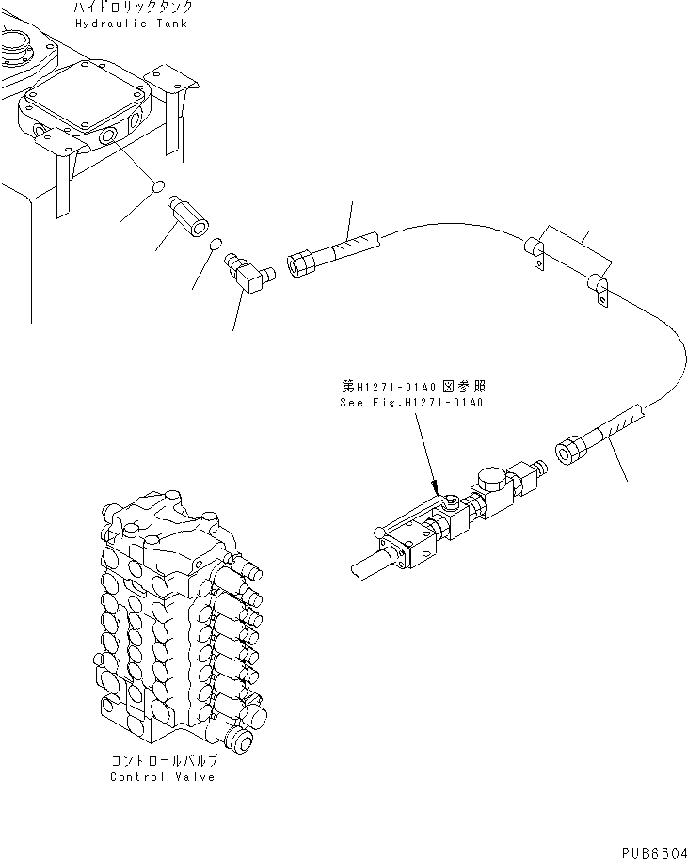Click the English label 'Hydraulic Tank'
pyautogui.click(x=131, y=23)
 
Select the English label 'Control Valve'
pyautogui.click(x=162, y=776)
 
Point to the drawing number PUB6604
pyautogui.click(x=650, y=849)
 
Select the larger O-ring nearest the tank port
pyautogui.click(x=160, y=188)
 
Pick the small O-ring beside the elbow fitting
pyautogui.click(x=215, y=246)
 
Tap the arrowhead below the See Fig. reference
pyautogui.click(x=436, y=484)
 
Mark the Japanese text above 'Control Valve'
pyautogui.click(x=162, y=761)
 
